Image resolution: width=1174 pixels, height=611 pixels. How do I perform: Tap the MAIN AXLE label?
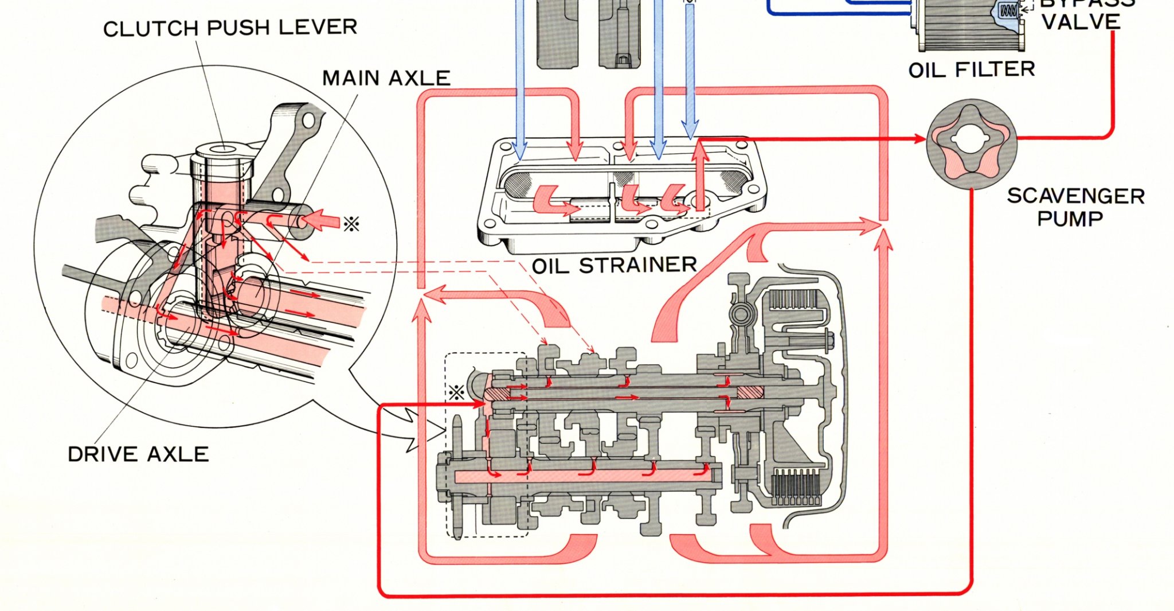[x=386, y=78]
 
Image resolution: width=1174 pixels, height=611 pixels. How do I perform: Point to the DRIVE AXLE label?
[x=138, y=454]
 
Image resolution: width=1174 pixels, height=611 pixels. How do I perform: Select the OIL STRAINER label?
[x=614, y=266]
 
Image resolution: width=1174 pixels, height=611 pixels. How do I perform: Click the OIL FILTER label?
[x=972, y=70]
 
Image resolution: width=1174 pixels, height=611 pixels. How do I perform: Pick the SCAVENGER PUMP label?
[x=1075, y=207]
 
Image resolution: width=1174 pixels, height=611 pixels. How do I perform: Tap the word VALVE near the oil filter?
[x=1081, y=22]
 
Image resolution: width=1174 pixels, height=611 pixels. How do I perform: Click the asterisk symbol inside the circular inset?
[x=351, y=224]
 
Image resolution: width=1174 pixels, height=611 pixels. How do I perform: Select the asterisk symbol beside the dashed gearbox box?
[x=456, y=393]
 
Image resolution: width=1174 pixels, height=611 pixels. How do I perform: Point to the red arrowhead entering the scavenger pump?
[x=919, y=139]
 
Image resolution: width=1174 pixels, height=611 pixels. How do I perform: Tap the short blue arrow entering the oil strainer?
[x=690, y=129]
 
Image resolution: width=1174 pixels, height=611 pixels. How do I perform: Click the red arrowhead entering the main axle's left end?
[x=480, y=404]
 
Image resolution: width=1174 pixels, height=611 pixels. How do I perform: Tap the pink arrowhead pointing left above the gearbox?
[x=429, y=295]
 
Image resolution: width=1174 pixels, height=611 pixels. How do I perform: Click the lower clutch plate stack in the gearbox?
[x=795, y=488]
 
